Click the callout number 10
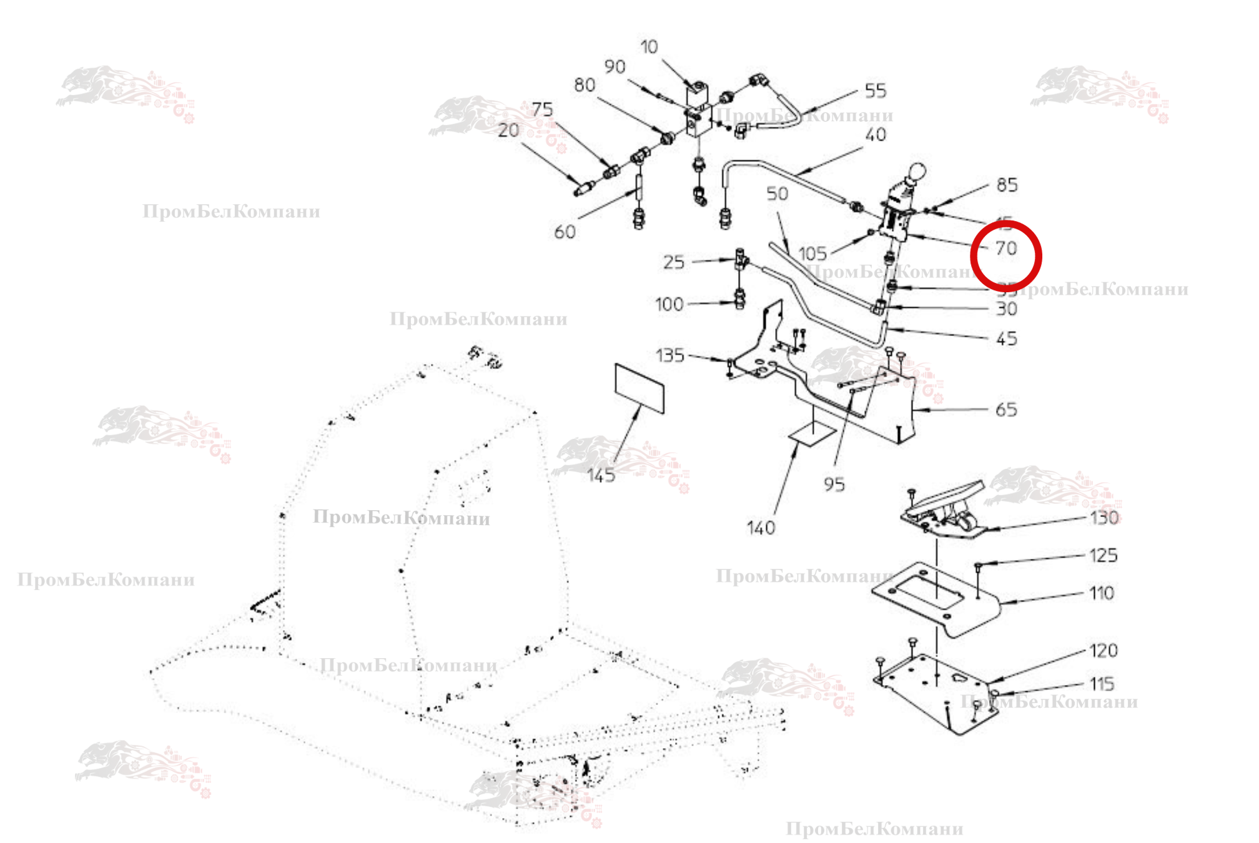[649, 47]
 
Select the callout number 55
[876, 91]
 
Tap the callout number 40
[876, 135]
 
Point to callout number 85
[1007, 185]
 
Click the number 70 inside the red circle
[1006, 249]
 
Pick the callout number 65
[1006, 410]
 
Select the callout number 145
[601, 476]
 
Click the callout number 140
[761, 528]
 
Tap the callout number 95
[834, 485]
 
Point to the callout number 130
[1104, 518]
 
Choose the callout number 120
[1103, 651]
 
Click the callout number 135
[670, 356]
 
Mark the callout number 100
[669, 305]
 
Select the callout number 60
[565, 232]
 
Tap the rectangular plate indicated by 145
[639, 388]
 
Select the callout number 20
[508, 131]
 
